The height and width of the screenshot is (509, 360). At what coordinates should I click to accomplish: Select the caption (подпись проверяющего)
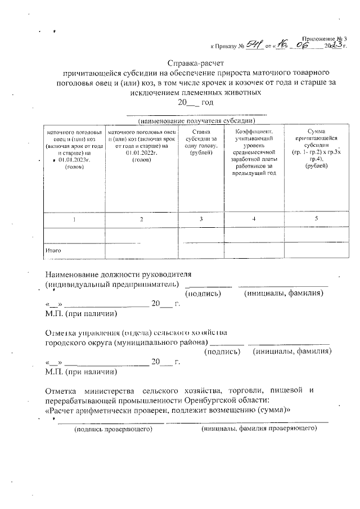coord(106,429)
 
